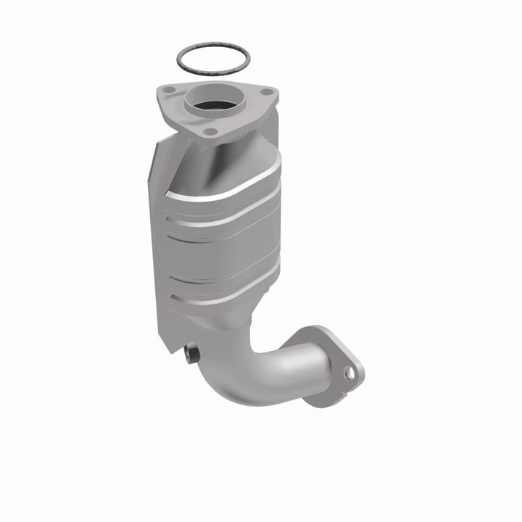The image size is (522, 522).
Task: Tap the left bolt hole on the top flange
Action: pyautogui.click(x=169, y=91)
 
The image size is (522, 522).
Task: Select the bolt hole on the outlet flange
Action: pyautogui.click(x=349, y=373)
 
